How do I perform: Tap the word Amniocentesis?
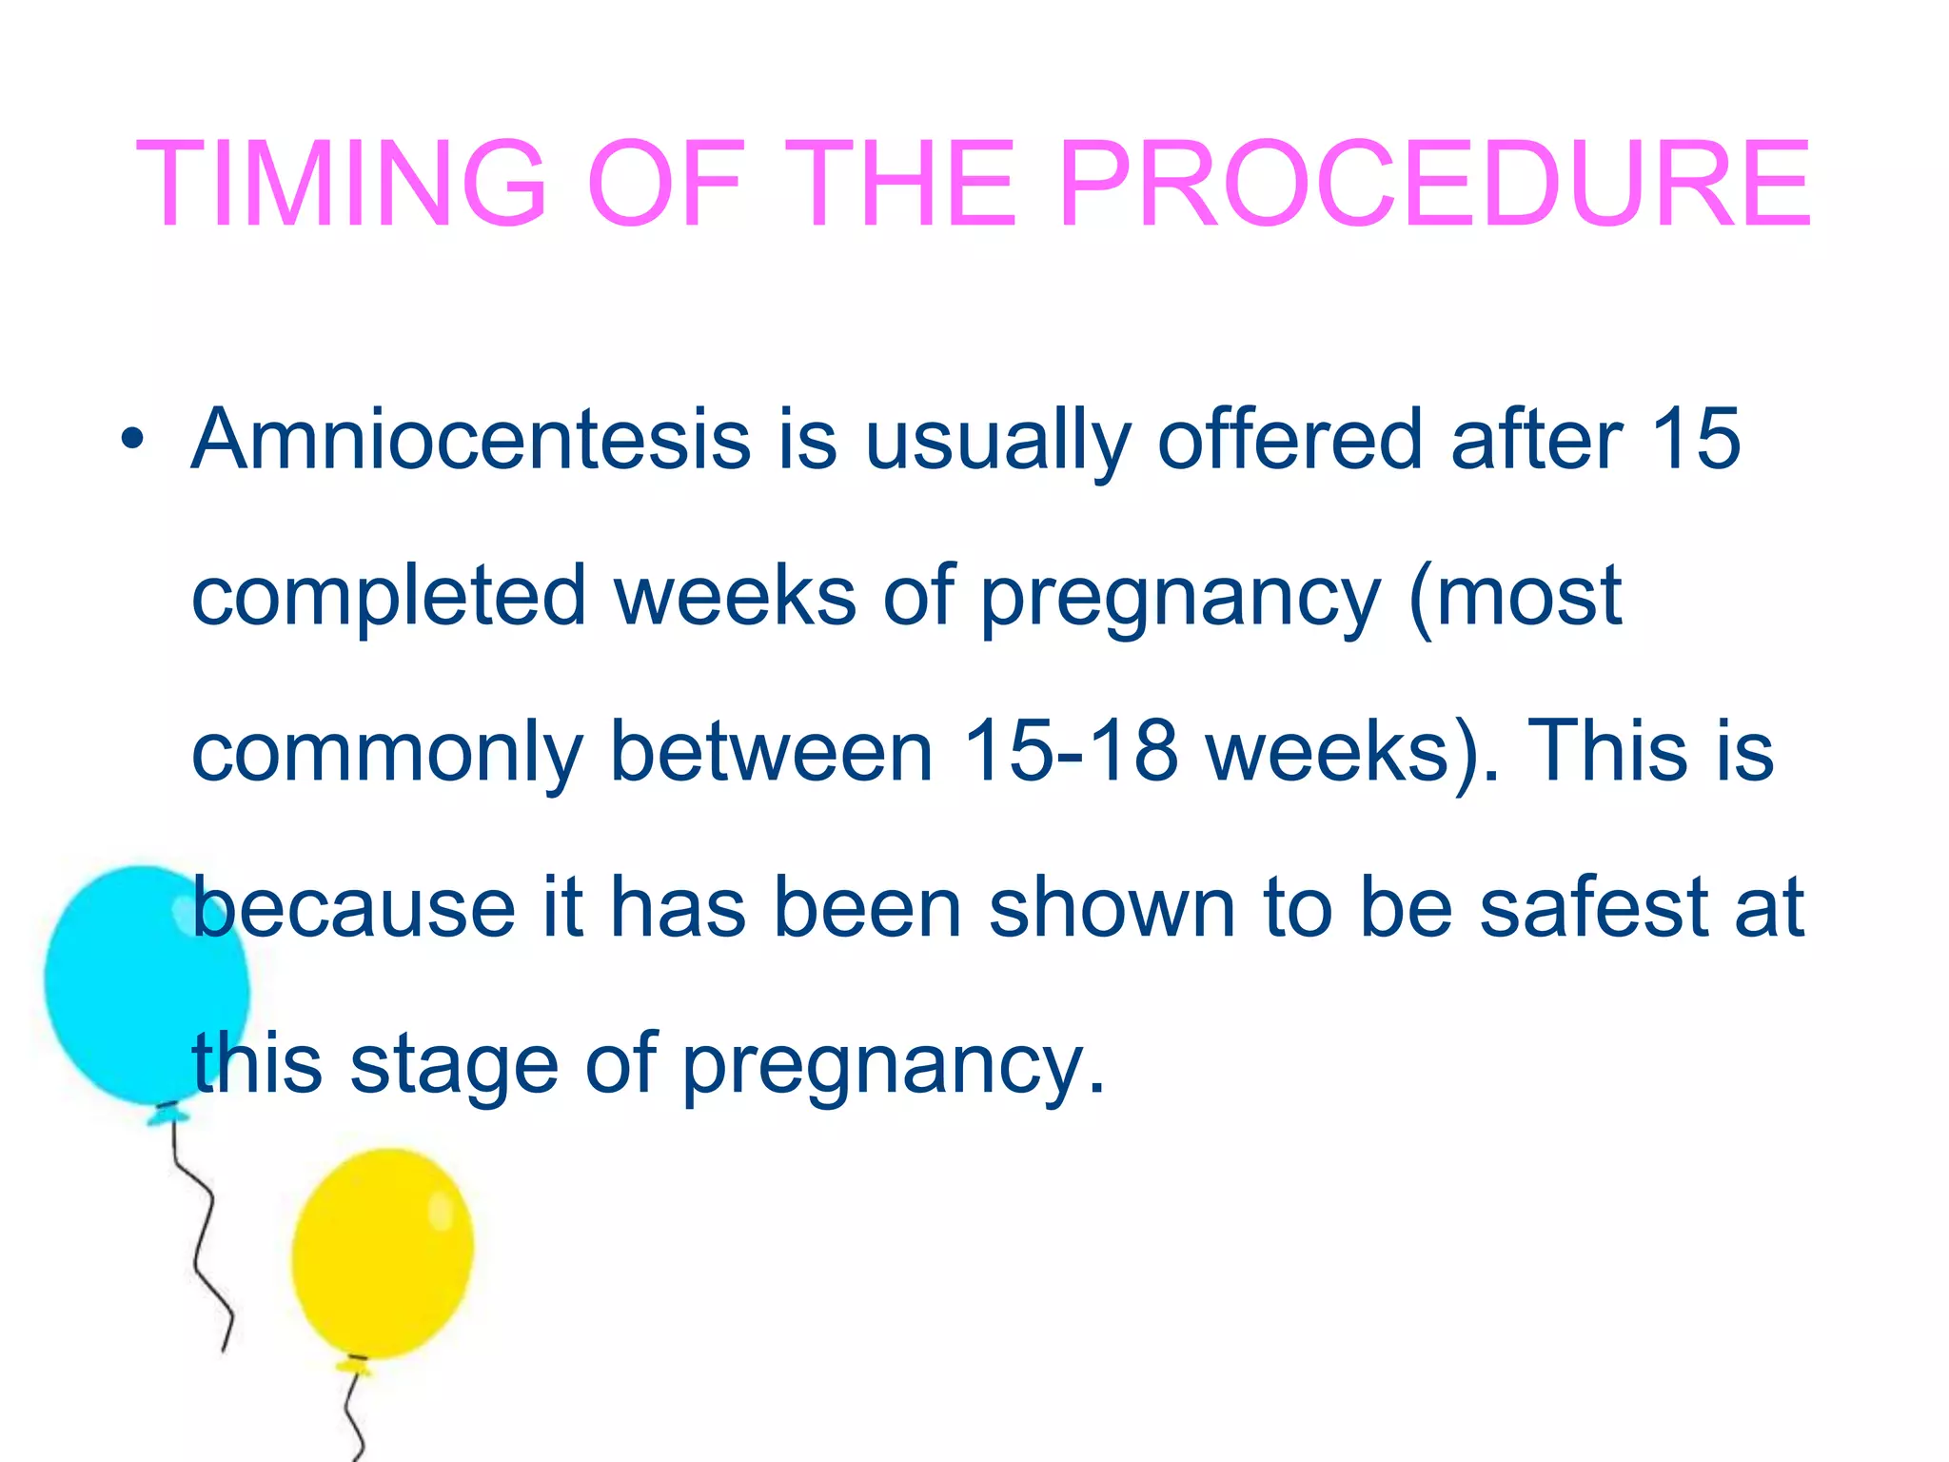471,440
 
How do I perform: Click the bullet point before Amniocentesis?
132,441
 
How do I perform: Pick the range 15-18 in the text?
1071,752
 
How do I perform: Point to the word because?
353,908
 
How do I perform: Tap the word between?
771,752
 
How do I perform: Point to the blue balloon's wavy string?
205,1237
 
